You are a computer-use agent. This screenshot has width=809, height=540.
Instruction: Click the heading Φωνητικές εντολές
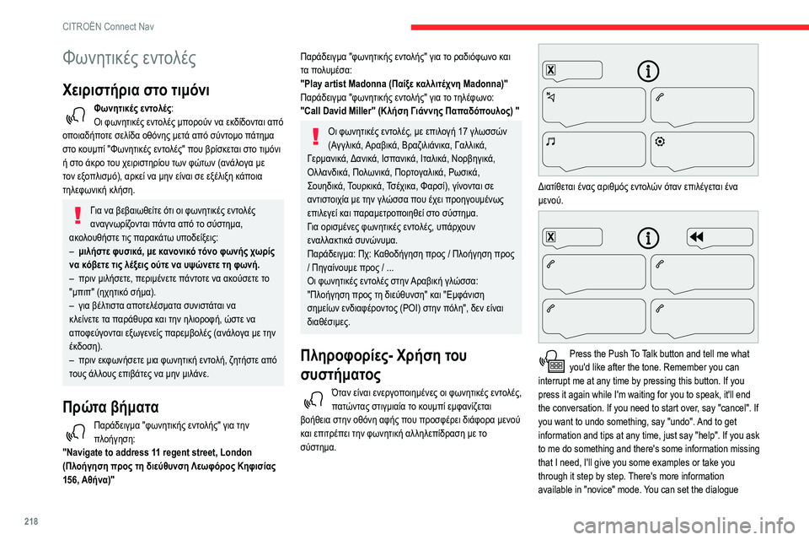(130, 58)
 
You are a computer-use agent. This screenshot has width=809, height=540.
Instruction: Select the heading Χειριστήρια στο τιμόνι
(137, 90)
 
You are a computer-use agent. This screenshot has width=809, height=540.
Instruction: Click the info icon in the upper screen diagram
(648, 69)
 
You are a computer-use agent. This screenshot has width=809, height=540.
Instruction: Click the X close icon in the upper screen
(550, 69)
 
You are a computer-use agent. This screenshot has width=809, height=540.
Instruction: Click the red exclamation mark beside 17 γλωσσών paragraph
(315, 136)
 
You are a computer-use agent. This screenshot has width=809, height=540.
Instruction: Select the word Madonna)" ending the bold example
(480, 83)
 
